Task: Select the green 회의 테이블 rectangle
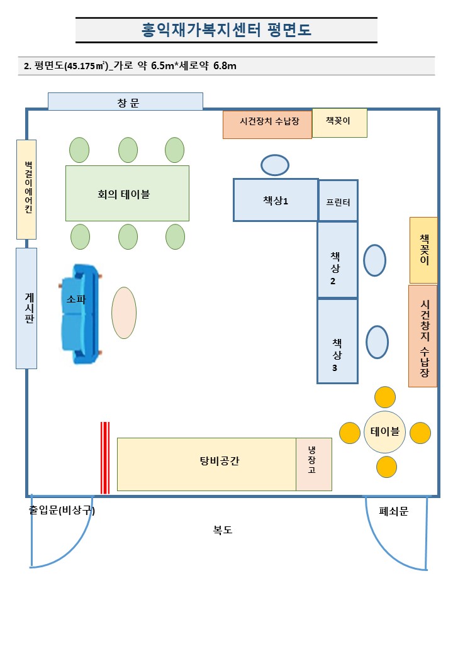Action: click(x=127, y=193)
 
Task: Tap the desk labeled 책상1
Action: click(x=276, y=200)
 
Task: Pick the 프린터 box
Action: click(x=338, y=201)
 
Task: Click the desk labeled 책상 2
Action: click(x=337, y=259)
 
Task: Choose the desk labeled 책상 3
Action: click(x=337, y=341)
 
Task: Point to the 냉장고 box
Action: click(x=313, y=464)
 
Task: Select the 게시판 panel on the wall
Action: click(x=26, y=308)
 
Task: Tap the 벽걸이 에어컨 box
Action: click(x=26, y=189)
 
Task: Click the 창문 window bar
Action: click(x=125, y=102)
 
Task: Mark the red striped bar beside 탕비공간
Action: click(x=105, y=458)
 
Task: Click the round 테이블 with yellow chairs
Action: click(x=385, y=432)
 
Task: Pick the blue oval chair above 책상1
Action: click(x=275, y=165)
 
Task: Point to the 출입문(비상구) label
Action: click(x=62, y=511)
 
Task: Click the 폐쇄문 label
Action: click(x=394, y=511)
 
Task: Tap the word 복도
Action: click(x=223, y=530)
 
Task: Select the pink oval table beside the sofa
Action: click(x=124, y=313)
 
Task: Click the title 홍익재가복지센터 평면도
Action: click(x=226, y=30)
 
